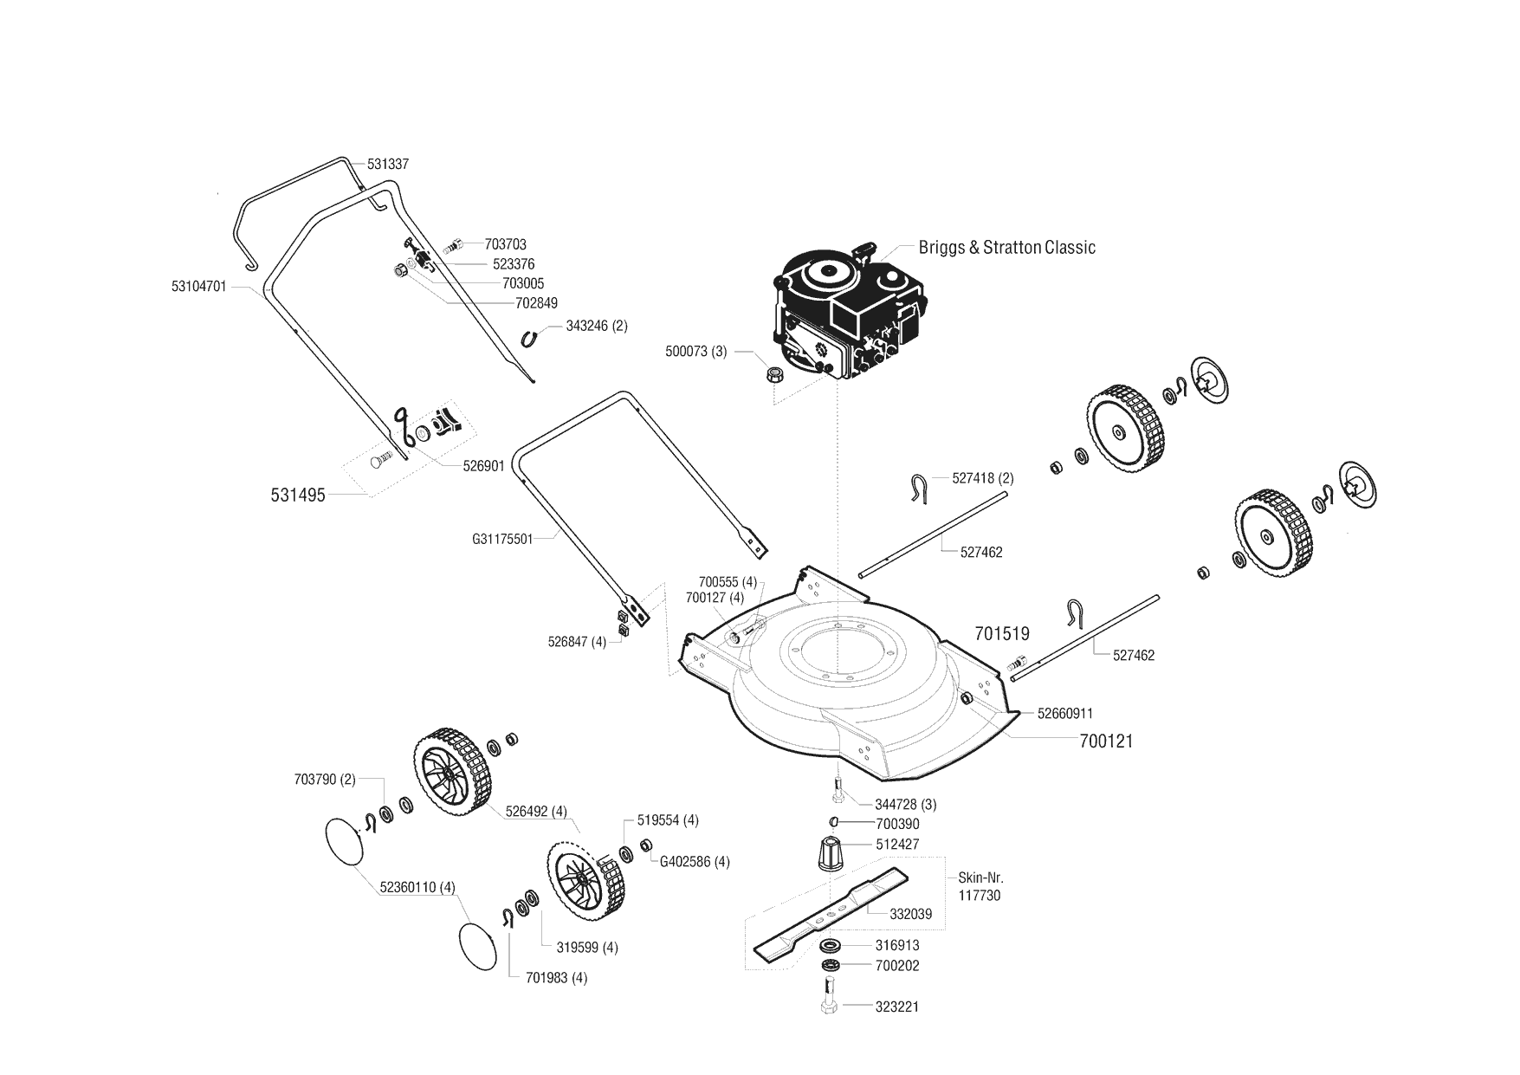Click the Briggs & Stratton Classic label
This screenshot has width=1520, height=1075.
tap(1006, 248)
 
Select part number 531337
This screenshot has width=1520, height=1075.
tap(387, 164)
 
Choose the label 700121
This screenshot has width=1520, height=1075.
tap(1106, 741)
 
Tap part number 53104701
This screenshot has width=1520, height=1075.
tap(199, 285)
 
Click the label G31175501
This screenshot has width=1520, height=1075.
tap(502, 538)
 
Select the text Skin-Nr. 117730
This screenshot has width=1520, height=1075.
tap(980, 886)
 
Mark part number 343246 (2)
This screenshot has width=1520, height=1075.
tap(597, 326)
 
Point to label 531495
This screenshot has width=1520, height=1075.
tap(297, 495)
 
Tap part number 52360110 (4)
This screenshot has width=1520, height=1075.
tap(417, 886)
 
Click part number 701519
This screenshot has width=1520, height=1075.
tap(1002, 633)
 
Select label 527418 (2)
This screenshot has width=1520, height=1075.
tap(982, 477)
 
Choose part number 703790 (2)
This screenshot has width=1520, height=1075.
tap(325, 779)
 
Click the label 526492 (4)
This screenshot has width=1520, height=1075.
tap(536, 812)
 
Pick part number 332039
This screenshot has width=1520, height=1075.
tap(910, 914)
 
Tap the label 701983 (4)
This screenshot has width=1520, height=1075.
tap(557, 978)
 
